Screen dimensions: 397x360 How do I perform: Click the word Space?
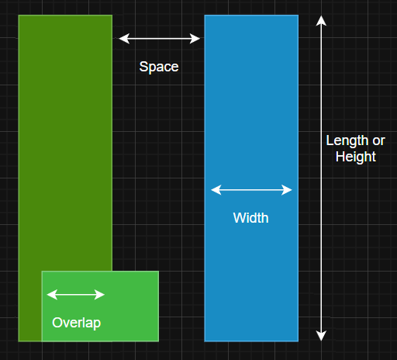click(159, 67)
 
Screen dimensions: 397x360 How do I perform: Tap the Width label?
click(250, 218)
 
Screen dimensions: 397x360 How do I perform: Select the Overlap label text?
click(77, 323)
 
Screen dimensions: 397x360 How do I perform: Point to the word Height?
click(356, 157)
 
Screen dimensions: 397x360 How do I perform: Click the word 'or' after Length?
click(378, 141)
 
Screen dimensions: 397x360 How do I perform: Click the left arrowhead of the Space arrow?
click(123, 39)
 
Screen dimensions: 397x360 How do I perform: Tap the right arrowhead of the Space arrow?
click(195, 39)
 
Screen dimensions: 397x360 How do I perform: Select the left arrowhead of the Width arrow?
click(216, 190)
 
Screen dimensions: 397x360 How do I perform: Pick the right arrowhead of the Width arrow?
click(287, 190)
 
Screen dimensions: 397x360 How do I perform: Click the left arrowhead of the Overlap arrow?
click(52, 295)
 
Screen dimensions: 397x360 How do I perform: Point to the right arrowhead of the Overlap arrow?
click(99, 295)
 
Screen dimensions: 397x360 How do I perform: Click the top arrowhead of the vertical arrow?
click(321, 21)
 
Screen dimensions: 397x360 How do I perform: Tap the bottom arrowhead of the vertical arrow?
click(321, 336)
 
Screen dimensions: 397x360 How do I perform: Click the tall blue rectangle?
click(251, 178)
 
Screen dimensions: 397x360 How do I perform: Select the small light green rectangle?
click(100, 306)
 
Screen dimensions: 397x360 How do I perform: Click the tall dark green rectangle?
click(65, 142)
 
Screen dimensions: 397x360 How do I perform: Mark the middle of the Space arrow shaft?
click(159, 39)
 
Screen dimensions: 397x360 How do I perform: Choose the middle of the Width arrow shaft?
click(251, 190)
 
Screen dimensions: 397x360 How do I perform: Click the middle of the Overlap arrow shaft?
click(76, 295)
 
